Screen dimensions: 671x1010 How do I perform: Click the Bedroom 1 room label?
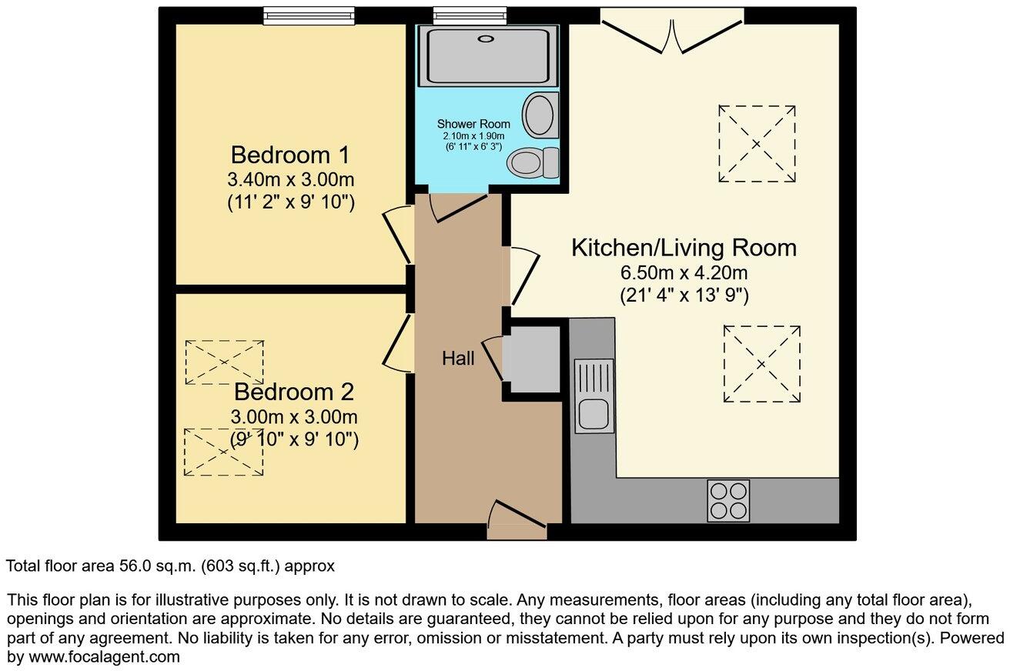pyautogui.click(x=290, y=155)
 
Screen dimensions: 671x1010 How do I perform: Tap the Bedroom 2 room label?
pyautogui.click(x=293, y=392)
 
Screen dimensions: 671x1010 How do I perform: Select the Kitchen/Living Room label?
pyautogui.click(x=684, y=248)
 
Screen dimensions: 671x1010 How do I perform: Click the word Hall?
pyautogui.click(x=458, y=358)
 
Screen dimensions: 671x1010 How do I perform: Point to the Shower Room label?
pyautogui.click(x=473, y=124)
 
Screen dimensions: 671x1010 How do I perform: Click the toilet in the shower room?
pyautogui.click(x=533, y=162)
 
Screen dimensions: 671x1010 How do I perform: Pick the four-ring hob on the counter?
pyautogui.click(x=727, y=501)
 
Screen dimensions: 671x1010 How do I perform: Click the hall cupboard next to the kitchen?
pyautogui.click(x=532, y=360)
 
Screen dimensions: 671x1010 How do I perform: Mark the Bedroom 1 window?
pyautogui.click(x=308, y=15)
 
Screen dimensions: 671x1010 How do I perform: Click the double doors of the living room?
pyautogui.click(x=672, y=31)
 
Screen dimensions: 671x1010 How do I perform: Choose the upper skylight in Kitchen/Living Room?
pyautogui.click(x=756, y=144)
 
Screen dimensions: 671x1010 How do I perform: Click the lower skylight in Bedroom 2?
pyautogui.click(x=224, y=452)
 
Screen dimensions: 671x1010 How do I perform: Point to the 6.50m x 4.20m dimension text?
pyautogui.click(x=684, y=272)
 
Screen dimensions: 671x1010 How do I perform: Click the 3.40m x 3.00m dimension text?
pyautogui.click(x=290, y=180)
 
